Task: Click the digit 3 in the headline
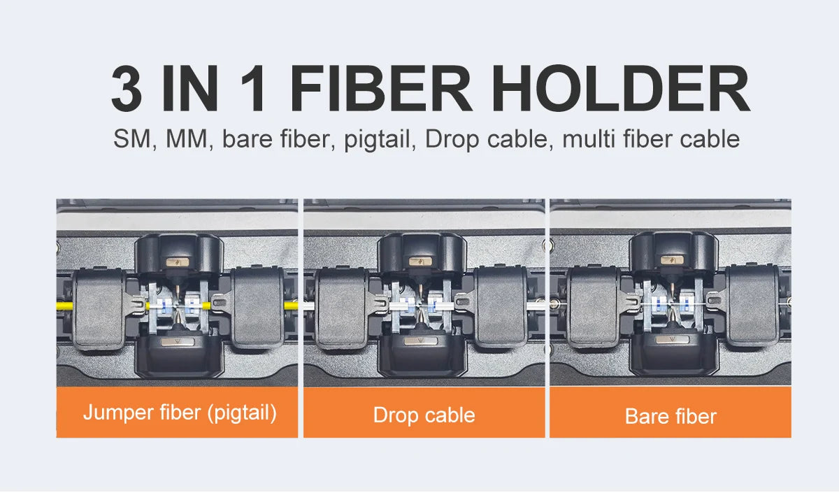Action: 127,88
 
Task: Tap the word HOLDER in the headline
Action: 621,88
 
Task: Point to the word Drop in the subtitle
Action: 452,140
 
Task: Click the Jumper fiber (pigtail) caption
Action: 180,413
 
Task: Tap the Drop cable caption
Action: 424,415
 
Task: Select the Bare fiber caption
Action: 671,416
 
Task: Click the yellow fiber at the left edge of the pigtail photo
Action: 65,306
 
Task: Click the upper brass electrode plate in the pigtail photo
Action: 178,262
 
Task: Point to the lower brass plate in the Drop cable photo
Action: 421,341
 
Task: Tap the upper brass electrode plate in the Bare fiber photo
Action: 673,260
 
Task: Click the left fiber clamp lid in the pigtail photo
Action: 99,309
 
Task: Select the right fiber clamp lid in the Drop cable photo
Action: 501,307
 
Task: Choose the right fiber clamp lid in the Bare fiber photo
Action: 752,306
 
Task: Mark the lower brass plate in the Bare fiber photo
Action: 673,339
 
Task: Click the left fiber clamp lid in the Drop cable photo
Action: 342,308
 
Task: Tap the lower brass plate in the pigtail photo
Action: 178,341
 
